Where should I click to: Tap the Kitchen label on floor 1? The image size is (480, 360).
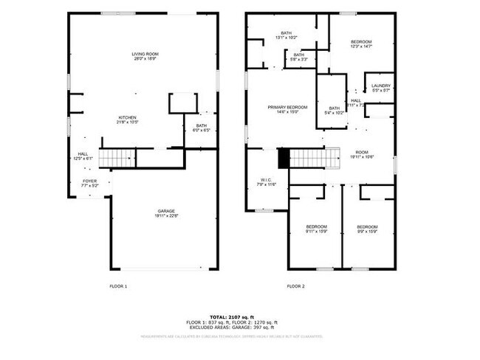click(x=128, y=120)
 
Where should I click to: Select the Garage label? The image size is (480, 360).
click(x=165, y=213)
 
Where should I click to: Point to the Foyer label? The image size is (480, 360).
click(x=89, y=183)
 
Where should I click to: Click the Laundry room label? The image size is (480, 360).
click(x=381, y=88)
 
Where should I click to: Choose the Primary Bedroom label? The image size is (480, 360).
click(x=287, y=110)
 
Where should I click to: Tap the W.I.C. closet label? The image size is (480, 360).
click(x=266, y=181)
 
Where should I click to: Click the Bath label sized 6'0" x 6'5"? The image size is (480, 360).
click(x=202, y=128)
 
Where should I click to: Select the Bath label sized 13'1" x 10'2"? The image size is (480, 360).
click(x=286, y=35)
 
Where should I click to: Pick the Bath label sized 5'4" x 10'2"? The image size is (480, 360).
click(x=335, y=111)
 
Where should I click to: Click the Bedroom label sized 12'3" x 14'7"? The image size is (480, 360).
click(x=360, y=44)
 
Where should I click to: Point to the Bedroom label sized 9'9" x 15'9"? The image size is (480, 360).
click(x=367, y=229)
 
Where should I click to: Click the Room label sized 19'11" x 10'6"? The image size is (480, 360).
click(x=361, y=154)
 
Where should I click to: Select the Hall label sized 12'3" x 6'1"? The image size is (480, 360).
click(x=82, y=156)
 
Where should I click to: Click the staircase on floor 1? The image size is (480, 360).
click(x=117, y=157)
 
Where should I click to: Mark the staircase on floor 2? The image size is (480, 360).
click(x=310, y=157)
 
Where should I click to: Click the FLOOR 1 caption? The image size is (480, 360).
click(x=118, y=285)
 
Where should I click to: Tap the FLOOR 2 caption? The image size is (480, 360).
click(x=295, y=285)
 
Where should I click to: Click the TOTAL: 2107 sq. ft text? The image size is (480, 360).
click(x=231, y=316)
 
